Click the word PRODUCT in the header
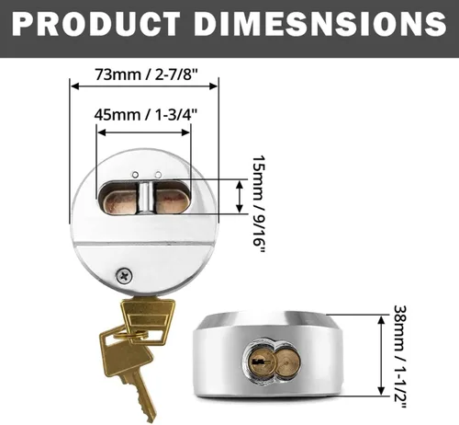pyautogui.click(x=95, y=24)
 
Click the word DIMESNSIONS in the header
pyautogui.click(x=320, y=24)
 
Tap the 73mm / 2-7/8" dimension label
pyautogui.click(x=147, y=75)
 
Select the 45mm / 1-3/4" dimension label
pyautogui.click(x=145, y=115)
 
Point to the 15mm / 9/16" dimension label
pyautogui.click(x=259, y=204)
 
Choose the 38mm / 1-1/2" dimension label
pyautogui.click(x=400, y=357)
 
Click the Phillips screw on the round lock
pyautogui.click(x=125, y=276)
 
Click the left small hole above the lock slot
pyautogui.click(x=135, y=175)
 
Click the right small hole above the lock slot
pyautogui.click(x=158, y=175)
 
